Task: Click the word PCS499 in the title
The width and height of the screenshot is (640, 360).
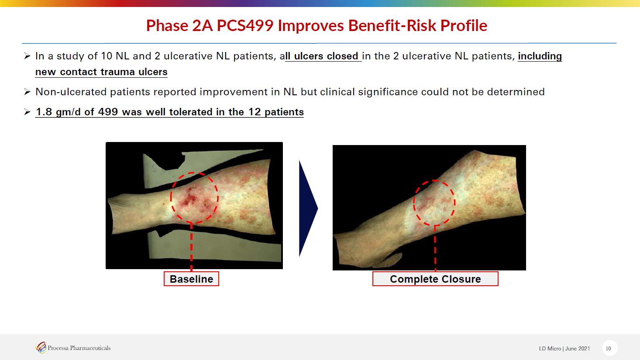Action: coord(245,25)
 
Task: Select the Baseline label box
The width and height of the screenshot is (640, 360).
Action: coord(191,279)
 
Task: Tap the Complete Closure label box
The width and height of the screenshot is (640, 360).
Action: coord(435,279)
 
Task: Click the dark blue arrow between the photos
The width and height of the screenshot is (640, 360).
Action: coord(308,208)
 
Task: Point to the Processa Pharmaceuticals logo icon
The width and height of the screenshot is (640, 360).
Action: coord(41,348)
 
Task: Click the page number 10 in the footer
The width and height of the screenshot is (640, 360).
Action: coord(608,348)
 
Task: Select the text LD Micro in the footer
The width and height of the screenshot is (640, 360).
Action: coord(550,348)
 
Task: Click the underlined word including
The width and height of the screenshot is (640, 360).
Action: coord(540,56)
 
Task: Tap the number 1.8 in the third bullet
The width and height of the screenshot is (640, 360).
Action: coord(44,112)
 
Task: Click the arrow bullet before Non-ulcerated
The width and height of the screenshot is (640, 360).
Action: coord(27,92)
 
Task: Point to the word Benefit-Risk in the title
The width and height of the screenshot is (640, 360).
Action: coord(392,25)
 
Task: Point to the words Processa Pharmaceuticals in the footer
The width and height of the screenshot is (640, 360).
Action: coord(79,348)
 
